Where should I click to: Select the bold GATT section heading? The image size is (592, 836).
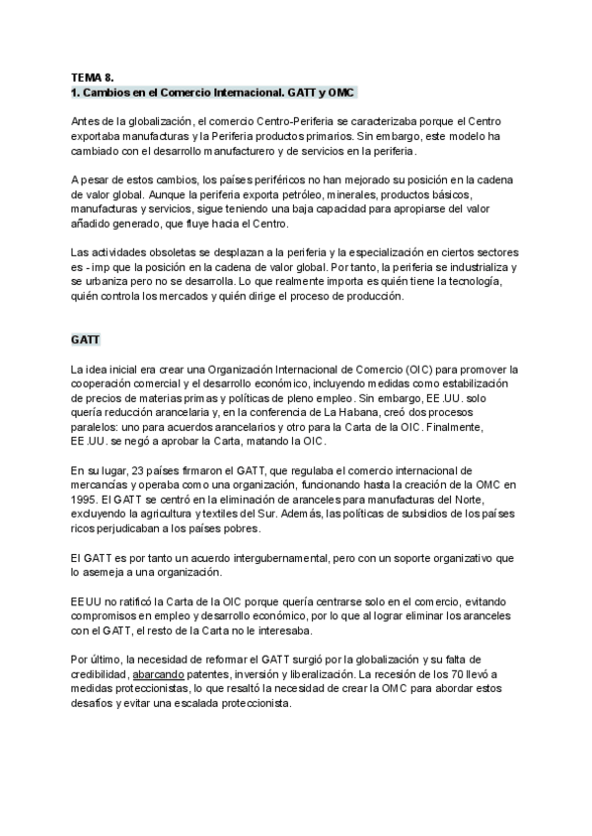pos(84,340)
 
